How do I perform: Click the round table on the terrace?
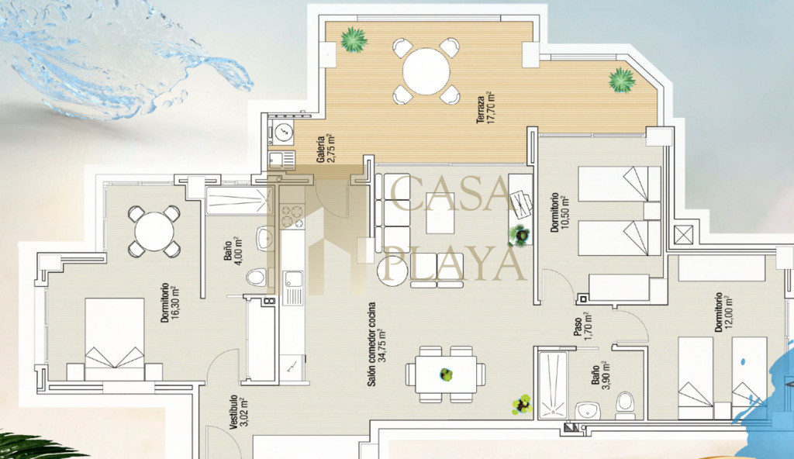[x=426, y=71]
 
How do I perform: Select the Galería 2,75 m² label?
[x=325, y=149]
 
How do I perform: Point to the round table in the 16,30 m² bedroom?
[x=154, y=231]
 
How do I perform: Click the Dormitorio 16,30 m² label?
[x=169, y=303]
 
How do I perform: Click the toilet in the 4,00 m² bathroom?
[x=257, y=277]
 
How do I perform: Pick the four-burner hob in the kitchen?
[x=292, y=216]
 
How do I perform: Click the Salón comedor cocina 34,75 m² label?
[x=376, y=344]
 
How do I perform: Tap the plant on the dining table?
[x=446, y=374]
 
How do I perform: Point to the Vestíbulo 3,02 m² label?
[x=238, y=412]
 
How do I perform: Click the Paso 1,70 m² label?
[x=582, y=325]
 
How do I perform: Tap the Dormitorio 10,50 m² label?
[x=560, y=212]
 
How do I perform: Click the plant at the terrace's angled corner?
[x=622, y=80]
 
